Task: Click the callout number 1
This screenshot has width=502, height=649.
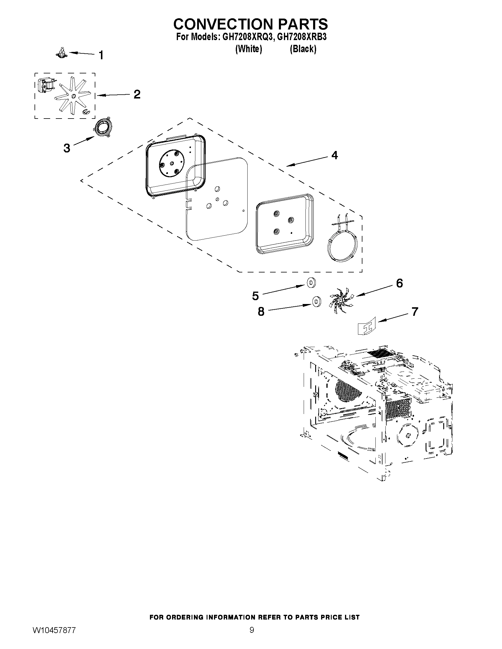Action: (101, 55)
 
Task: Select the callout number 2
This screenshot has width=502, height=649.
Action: (137, 94)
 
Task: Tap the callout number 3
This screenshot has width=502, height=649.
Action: (67, 148)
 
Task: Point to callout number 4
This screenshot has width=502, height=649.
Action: (335, 155)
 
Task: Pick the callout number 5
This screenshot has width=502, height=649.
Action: (255, 296)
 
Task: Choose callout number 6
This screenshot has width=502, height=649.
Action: (399, 283)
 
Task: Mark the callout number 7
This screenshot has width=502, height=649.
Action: (414, 311)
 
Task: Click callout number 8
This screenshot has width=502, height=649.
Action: (261, 312)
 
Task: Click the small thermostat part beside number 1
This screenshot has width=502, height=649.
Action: (62, 53)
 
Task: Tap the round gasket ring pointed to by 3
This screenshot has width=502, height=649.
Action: (101, 128)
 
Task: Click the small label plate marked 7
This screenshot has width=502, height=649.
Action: (367, 326)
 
